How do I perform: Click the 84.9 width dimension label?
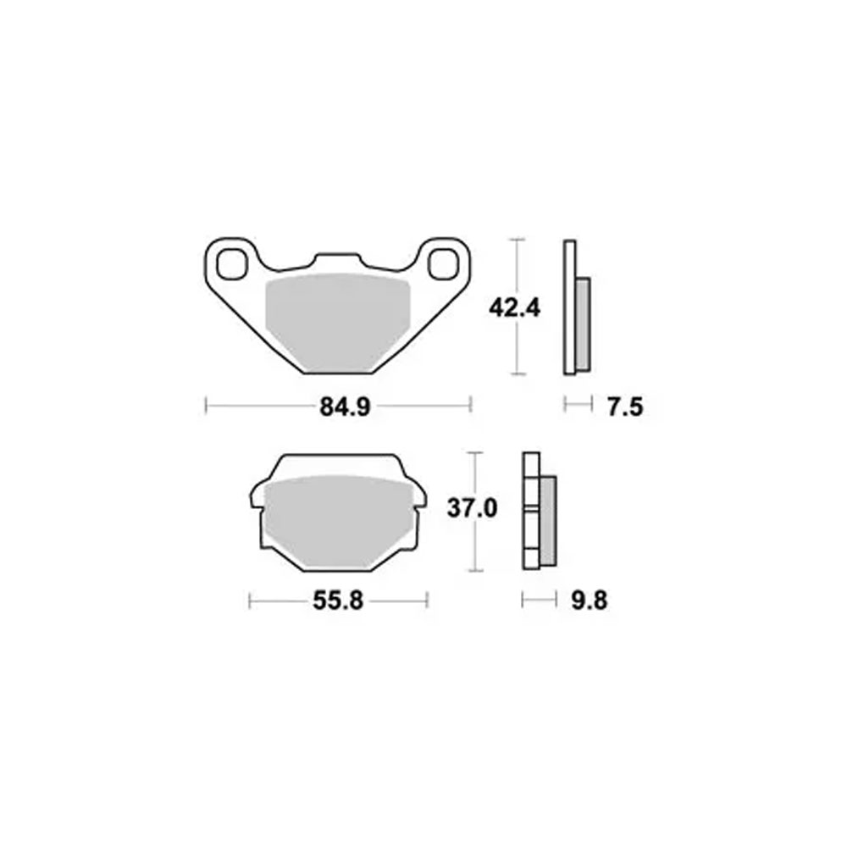pos(346,407)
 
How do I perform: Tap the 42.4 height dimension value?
pos(514,308)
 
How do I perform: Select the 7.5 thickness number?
pos(626,407)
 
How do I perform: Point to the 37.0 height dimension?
pos(472,509)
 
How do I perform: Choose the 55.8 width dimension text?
pos(338,601)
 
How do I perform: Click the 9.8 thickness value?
pos(590,601)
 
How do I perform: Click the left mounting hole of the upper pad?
pos(230,263)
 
